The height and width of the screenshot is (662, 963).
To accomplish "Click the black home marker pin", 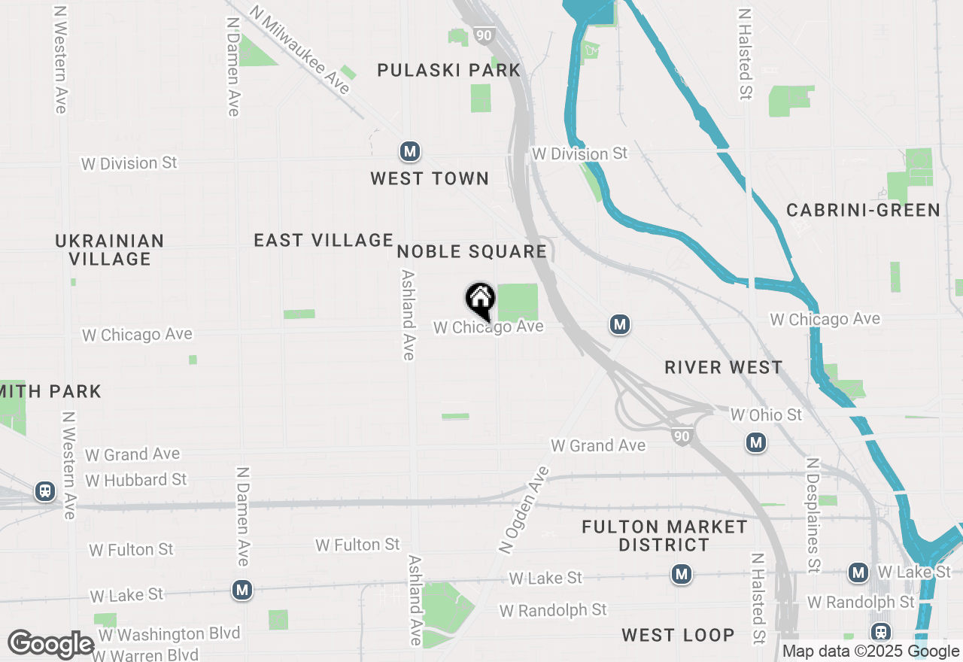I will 480,301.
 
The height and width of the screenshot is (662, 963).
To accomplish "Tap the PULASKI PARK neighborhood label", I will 449,71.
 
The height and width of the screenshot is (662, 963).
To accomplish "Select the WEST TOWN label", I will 430,179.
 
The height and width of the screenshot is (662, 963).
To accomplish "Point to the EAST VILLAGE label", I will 324,241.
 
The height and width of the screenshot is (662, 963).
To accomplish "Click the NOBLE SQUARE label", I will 472,252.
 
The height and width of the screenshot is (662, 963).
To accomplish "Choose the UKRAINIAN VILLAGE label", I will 110,250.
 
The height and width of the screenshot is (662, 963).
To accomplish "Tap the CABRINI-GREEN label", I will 864,211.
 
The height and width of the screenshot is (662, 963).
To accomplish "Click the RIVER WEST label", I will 724,368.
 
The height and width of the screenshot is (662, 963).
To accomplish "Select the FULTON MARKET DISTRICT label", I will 665,536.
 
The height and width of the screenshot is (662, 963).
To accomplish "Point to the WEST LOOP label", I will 678,636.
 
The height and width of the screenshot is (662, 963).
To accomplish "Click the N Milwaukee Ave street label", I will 301,50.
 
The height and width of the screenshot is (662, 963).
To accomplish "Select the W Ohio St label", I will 766,415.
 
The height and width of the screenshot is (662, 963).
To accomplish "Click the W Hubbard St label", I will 136,480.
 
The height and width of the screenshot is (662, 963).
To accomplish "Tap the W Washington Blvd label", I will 169,634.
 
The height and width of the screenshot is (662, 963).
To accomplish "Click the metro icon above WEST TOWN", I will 409,152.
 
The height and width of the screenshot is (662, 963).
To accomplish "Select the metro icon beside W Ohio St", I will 756,442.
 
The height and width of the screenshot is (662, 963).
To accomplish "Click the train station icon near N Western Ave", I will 45,492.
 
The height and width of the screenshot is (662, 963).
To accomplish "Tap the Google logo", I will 50,645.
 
